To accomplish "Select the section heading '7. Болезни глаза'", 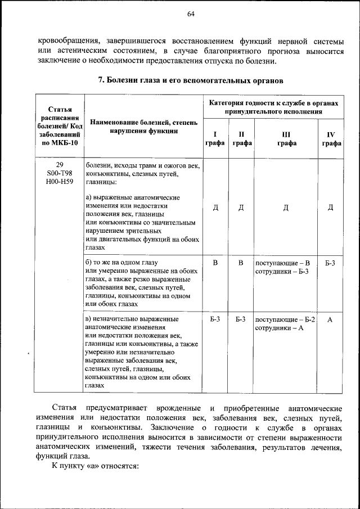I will [191, 80].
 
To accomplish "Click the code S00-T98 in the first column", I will [60, 174].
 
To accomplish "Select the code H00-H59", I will [60, 182].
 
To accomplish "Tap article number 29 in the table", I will [60, 165].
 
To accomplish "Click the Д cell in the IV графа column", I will [331, 208].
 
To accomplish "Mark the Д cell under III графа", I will [286, 208].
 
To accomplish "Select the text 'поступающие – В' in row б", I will [282, 263].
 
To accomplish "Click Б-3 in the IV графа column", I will [331, 263].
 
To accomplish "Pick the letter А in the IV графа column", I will [331, 319].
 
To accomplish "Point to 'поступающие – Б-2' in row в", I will [285, 319].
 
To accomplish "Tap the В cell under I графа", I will [215, 263].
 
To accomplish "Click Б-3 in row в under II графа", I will [241, 319].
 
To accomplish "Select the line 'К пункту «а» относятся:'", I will [95, 466].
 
